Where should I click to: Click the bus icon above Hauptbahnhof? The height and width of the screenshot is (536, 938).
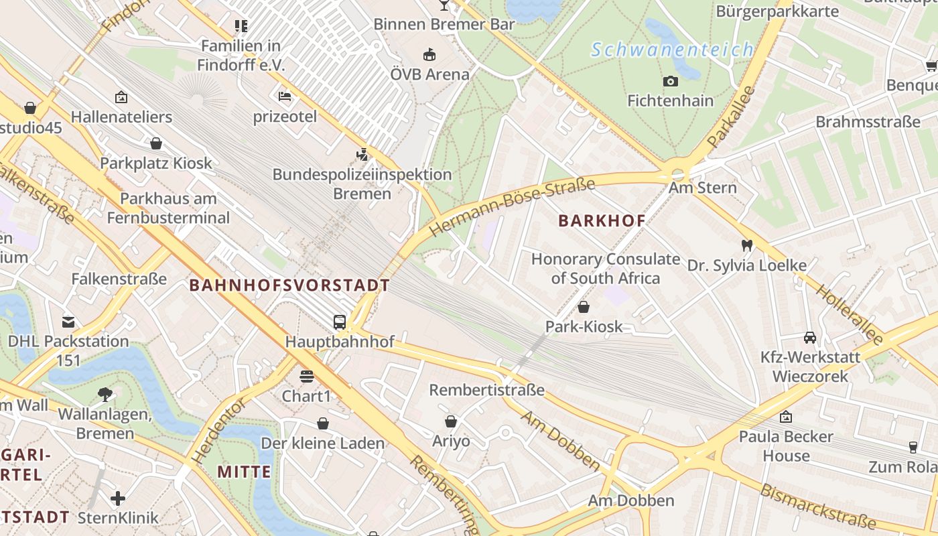340,322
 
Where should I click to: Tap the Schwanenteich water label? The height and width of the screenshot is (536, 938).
672,50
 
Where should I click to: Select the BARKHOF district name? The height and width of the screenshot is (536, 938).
602,220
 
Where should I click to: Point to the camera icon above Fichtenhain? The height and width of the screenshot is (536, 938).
670,82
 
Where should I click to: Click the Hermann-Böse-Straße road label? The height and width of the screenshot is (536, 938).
512,207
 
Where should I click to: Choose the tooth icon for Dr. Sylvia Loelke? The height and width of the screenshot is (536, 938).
746,246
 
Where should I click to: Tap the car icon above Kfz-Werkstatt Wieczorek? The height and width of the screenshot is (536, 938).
809,338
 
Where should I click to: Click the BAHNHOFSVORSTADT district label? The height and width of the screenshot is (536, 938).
289,285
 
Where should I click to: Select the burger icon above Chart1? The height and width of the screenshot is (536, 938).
307,377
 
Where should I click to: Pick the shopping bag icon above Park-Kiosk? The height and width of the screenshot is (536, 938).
584,308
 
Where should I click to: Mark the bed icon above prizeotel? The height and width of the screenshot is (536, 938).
285,96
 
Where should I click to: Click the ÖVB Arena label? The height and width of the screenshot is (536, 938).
429,74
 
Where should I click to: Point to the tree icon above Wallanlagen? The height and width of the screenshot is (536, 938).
105,394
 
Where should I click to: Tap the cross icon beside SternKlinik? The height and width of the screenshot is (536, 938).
118,498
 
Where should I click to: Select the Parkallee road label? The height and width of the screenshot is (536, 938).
731,117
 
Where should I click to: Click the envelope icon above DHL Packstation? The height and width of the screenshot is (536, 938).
68,322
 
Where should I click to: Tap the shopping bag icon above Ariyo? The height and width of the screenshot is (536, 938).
451,421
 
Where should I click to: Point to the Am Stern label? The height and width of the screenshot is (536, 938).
702,188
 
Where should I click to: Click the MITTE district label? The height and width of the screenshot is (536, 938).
244,472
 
